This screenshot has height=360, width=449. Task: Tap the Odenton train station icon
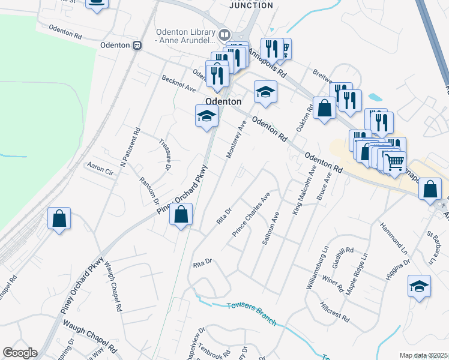click(x=137, y=45)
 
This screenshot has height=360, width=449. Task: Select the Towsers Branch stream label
click(x=252, y=313)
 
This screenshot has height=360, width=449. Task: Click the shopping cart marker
click(x=394, y=162)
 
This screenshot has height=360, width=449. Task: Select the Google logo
click(x=20, y=353)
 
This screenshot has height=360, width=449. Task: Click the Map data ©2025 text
click(x=423, y=355)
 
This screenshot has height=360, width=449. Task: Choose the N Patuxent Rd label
click(x=130, y=147)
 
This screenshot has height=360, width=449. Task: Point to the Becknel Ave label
click(x=179, y=83)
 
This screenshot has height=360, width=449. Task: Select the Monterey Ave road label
click(x=236, y=140)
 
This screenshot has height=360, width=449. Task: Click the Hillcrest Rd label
click(x=334, y=311)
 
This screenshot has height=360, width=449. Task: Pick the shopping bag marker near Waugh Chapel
click(x=59, y=218)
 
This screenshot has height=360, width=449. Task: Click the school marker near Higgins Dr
click(x=419, y=286)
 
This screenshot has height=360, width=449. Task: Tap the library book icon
click(x=224, y=34)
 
